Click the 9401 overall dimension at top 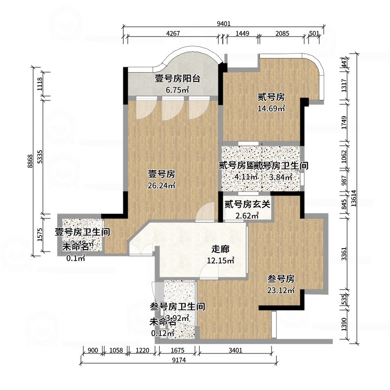[223, 23]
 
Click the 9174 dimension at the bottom [178, 361]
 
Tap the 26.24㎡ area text [162, 185]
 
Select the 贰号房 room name [271, 97]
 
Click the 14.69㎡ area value [271, 108]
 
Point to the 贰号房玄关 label [247, 204]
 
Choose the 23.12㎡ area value [281, 291]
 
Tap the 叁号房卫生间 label [176, 307]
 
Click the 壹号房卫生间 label [81, 233]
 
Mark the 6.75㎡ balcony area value [177, 90]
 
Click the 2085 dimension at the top [282, 34]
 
